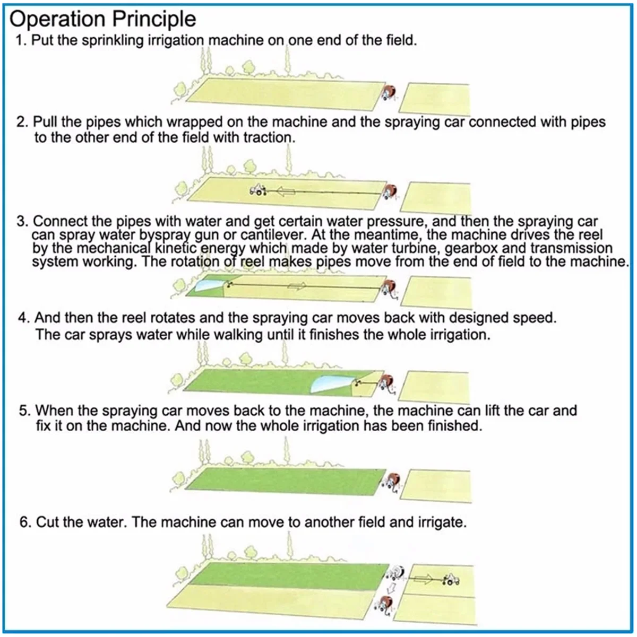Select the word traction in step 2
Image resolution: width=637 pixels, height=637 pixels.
269,137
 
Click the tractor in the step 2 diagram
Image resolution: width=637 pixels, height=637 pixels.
257,190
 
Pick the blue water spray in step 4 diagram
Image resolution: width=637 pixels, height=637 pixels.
329,383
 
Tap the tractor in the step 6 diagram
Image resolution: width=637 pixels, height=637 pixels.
451,579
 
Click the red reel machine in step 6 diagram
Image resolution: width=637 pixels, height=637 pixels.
383,604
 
